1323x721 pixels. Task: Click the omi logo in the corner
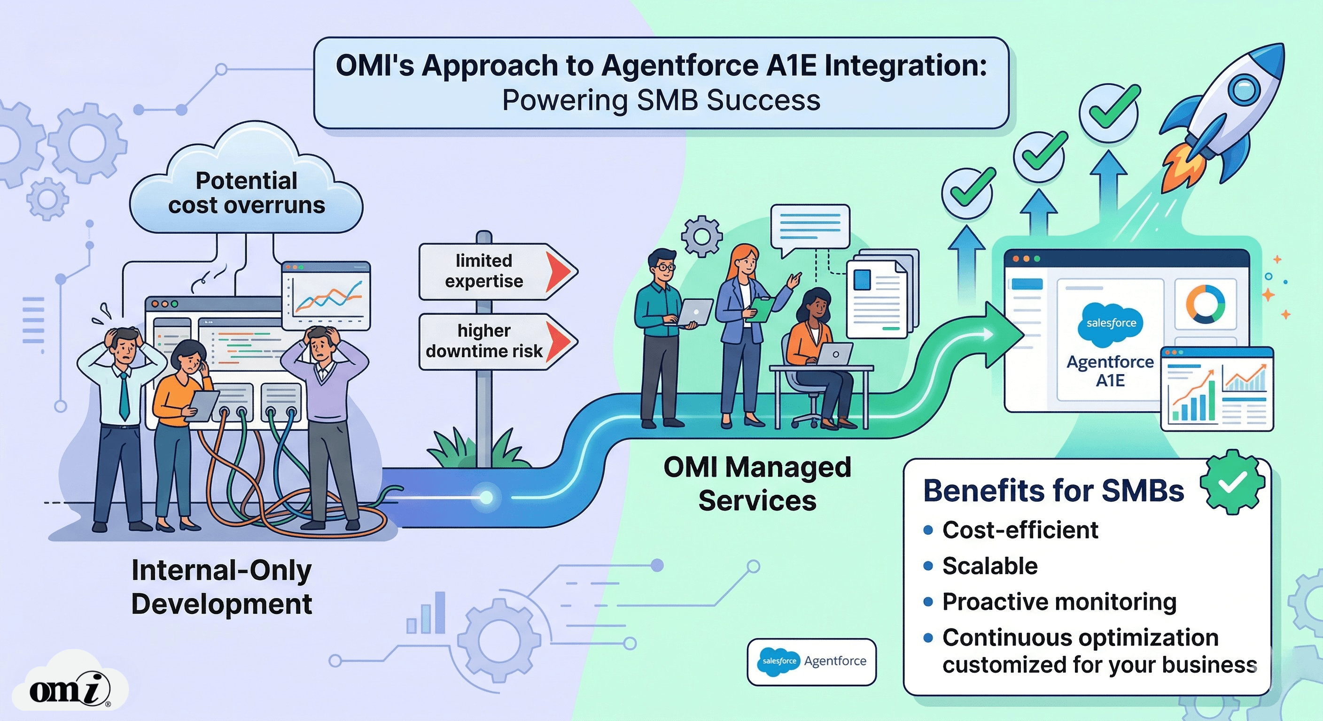coord(70,688)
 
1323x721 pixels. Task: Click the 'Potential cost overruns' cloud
coord(247,192)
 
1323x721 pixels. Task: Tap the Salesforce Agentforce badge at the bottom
coord(811,662)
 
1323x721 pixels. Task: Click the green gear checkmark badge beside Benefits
coord(1231,483)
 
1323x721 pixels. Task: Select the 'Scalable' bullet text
coord(990,566)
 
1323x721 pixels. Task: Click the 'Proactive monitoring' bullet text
coord(1059,602)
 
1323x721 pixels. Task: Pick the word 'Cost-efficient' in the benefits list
coord(1020,530)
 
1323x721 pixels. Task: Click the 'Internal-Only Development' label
coord(221,587)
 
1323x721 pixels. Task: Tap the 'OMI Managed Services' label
coord(757,484)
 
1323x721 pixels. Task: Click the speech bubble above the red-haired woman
coord(810,227)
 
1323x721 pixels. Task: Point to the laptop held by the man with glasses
coord(693,312)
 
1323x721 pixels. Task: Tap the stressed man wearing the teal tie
coord(122,390)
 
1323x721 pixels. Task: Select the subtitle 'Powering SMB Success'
coord(661,100)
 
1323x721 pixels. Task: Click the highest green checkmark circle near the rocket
coord(1108,112)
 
